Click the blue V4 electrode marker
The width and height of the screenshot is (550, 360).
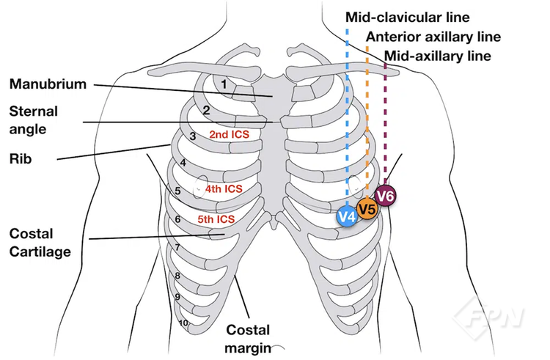347,217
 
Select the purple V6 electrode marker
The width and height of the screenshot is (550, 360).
386,196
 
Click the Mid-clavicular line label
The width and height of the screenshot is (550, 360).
407,17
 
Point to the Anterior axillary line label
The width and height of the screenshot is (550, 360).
433,37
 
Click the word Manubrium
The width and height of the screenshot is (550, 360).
48,84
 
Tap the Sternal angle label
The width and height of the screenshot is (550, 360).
33,120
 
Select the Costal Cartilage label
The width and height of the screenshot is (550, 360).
40,243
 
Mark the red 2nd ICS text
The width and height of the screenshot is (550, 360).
230,135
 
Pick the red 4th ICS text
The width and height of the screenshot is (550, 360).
224,189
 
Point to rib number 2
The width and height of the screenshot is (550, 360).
207,111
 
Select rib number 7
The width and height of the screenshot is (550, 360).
177,248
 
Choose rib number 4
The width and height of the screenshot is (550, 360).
183,163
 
